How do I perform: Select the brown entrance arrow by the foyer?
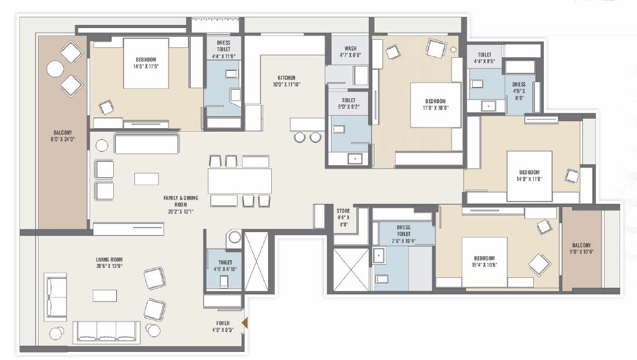[x=245, y=322]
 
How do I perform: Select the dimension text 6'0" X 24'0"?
[x=63, y=139]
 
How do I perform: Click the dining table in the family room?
[x=239, y=181]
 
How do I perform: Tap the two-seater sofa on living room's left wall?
[x=55, y=297]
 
